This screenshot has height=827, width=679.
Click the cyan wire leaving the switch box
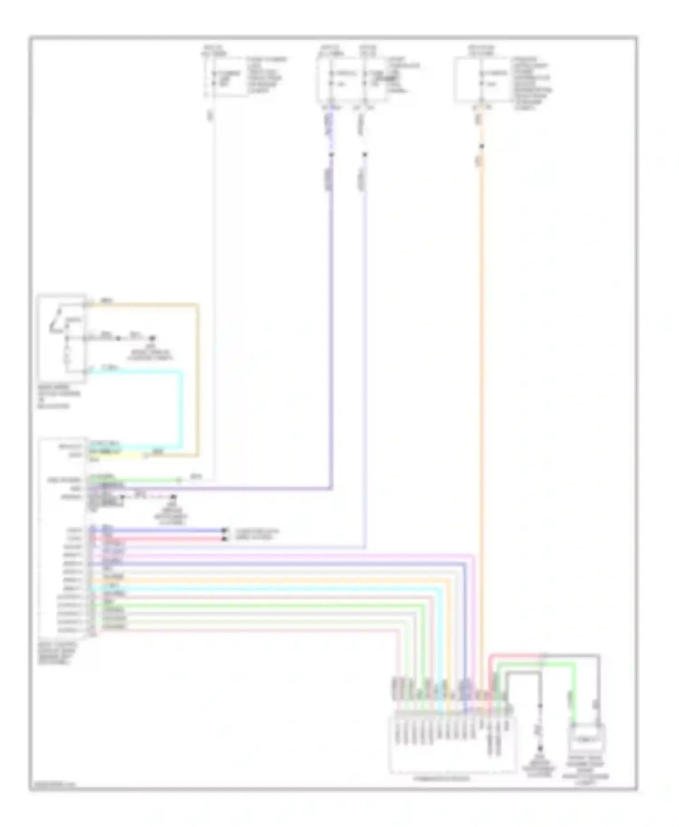tap(182, 407)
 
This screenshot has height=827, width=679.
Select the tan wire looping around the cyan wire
tap(197, 380)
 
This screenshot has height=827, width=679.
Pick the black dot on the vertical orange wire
tap(482, 146)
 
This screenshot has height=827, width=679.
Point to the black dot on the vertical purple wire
tap(331, 155)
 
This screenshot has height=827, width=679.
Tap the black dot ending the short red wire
tap(224, 539)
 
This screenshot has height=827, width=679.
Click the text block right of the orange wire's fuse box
tap(532, 84)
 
